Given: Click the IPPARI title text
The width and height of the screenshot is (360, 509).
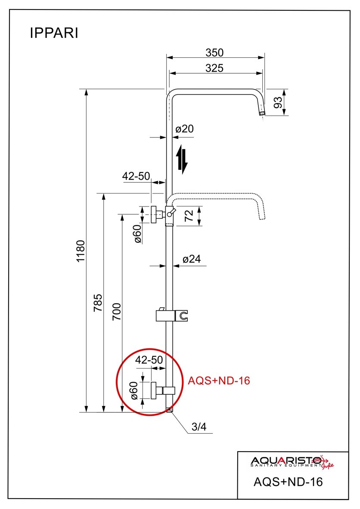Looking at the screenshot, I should [54, 33].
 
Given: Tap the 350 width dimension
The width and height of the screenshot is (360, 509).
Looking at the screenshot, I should [214, 53].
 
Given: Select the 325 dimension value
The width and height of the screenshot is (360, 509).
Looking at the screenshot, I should [214, 68].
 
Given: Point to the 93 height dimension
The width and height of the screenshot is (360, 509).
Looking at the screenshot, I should [278, 103].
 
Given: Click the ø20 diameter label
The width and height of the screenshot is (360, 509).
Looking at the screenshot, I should [185, 129].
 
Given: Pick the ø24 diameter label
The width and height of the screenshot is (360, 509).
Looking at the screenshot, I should [191, 259].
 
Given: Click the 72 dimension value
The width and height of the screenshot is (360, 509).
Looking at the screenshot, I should [189, 216].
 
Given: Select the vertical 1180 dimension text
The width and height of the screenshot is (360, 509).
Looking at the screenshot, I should [81, 251].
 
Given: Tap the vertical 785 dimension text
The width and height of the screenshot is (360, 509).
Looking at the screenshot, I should [98, 303].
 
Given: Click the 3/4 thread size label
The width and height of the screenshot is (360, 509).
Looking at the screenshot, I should [199, 427].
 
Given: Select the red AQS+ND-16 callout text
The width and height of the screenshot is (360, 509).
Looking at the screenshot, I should [219, 381].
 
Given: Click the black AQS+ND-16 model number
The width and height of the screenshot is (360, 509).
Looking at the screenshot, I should [288, 481].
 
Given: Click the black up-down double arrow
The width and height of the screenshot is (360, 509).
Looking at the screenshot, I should [183, 160].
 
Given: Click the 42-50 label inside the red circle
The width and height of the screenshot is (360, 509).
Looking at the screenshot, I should [149, 360].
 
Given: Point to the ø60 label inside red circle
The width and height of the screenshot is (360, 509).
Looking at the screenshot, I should [134, 390].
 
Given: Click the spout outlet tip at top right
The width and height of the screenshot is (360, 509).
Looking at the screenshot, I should [262, 113].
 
